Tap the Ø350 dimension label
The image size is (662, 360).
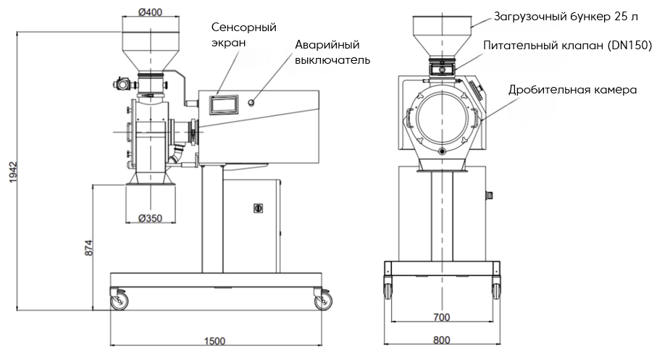tap(150, 219)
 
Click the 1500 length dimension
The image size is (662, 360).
tap(214, 341)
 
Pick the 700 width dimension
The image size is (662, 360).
tap(442, 317)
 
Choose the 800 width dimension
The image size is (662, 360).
tap(442, 340)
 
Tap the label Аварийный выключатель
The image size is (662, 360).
tap(332, 52)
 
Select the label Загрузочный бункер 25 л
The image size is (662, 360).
tap(565, 16)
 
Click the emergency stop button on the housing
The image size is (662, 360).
tap(252, 102)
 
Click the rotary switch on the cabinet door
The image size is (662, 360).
tap(255, 208)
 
